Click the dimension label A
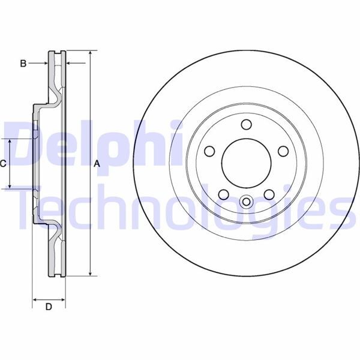pyautogui.click(x=96, y=163)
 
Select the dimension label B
pyautogui.click(x=23, y=63)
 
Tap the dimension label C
pyautogui.click(x=3, y=163)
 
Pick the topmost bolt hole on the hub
pyautogui.click(x=246, y=124)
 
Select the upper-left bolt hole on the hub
pyautogui.click(x=209, y=151)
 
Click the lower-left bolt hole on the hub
pyautogui.click(x=223, y=194)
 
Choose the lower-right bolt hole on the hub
pyautogui.click(x=269, y=194)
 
